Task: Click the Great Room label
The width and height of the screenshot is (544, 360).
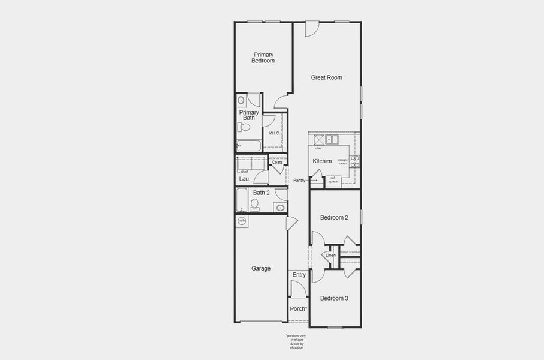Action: [326, 77]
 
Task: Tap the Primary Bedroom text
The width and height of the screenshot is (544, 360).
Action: [263, 58]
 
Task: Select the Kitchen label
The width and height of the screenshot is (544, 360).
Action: [322, 161]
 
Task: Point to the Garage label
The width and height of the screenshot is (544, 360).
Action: [260, 269]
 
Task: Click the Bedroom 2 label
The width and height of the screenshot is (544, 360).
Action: [334, 218]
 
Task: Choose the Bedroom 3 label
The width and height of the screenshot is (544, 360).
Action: [334, 298]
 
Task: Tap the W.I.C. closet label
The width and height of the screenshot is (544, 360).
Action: [274, 133]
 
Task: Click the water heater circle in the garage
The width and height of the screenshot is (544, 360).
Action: [242, 221]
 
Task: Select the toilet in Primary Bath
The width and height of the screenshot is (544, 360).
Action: [245, 127]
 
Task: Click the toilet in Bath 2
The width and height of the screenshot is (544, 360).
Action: [255, 205]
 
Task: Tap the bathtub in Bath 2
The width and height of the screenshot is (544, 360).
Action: [241, 200]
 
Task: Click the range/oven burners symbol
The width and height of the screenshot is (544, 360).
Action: [355, 161]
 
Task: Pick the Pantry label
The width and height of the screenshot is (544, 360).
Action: [299, 180]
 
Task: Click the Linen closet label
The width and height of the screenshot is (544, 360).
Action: [330, 256]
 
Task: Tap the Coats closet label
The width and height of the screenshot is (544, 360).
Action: [277, 162]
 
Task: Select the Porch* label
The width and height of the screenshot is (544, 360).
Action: [299, 309]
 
